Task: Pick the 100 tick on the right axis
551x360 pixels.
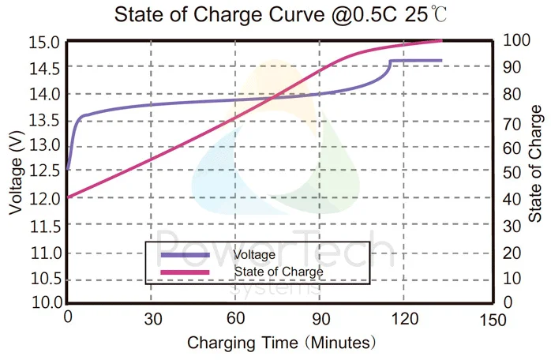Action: (513, 41)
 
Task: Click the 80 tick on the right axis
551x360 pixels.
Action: (511, 94)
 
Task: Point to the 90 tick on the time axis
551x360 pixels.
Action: (319, 319)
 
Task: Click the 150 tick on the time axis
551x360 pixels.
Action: (491, 319)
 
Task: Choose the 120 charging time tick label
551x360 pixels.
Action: (403, 319)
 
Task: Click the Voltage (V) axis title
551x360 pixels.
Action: (17, 173)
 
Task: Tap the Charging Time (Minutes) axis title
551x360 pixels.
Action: (281, 343)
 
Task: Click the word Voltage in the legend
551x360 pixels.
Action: (254, 255)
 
